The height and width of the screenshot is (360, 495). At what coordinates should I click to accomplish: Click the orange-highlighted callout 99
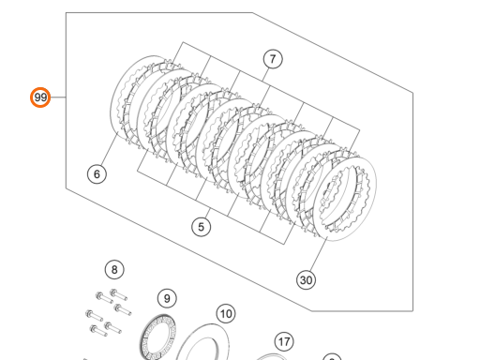click(40, 97)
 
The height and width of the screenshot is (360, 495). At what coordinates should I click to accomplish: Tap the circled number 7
click(273, 59)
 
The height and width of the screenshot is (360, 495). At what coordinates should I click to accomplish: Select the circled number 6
click(97, 174)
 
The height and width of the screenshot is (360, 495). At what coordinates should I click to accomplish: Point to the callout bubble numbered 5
click(202, 227)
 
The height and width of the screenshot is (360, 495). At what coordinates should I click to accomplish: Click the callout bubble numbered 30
click(307, 280)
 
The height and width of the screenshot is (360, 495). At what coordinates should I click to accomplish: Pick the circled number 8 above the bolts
click(114, 270)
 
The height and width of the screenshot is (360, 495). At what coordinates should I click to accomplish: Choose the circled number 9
click(167, 298)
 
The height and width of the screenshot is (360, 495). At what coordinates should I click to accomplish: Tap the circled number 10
click(226, 314)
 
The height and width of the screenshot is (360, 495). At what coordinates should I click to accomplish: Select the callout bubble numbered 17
click(284, 341)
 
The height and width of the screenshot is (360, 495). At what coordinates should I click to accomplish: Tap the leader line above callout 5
click(207, 213)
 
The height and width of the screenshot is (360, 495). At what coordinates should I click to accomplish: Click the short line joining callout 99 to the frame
click(58, 97)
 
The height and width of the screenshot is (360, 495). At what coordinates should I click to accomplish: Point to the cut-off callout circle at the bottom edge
click(332, 357)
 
